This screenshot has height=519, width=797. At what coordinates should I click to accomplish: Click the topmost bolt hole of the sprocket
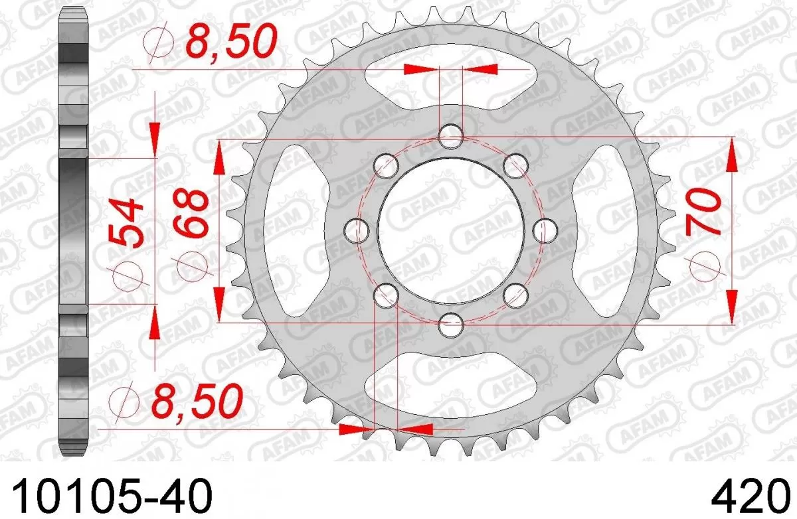(451, 137)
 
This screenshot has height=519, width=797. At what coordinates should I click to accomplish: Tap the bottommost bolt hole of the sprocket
(451, 326)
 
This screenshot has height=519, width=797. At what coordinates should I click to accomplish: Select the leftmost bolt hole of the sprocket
(358, 230)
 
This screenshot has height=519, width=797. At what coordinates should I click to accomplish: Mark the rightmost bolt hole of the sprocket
(545, 230)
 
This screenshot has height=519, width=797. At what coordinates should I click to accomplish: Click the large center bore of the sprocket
(451, 230)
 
